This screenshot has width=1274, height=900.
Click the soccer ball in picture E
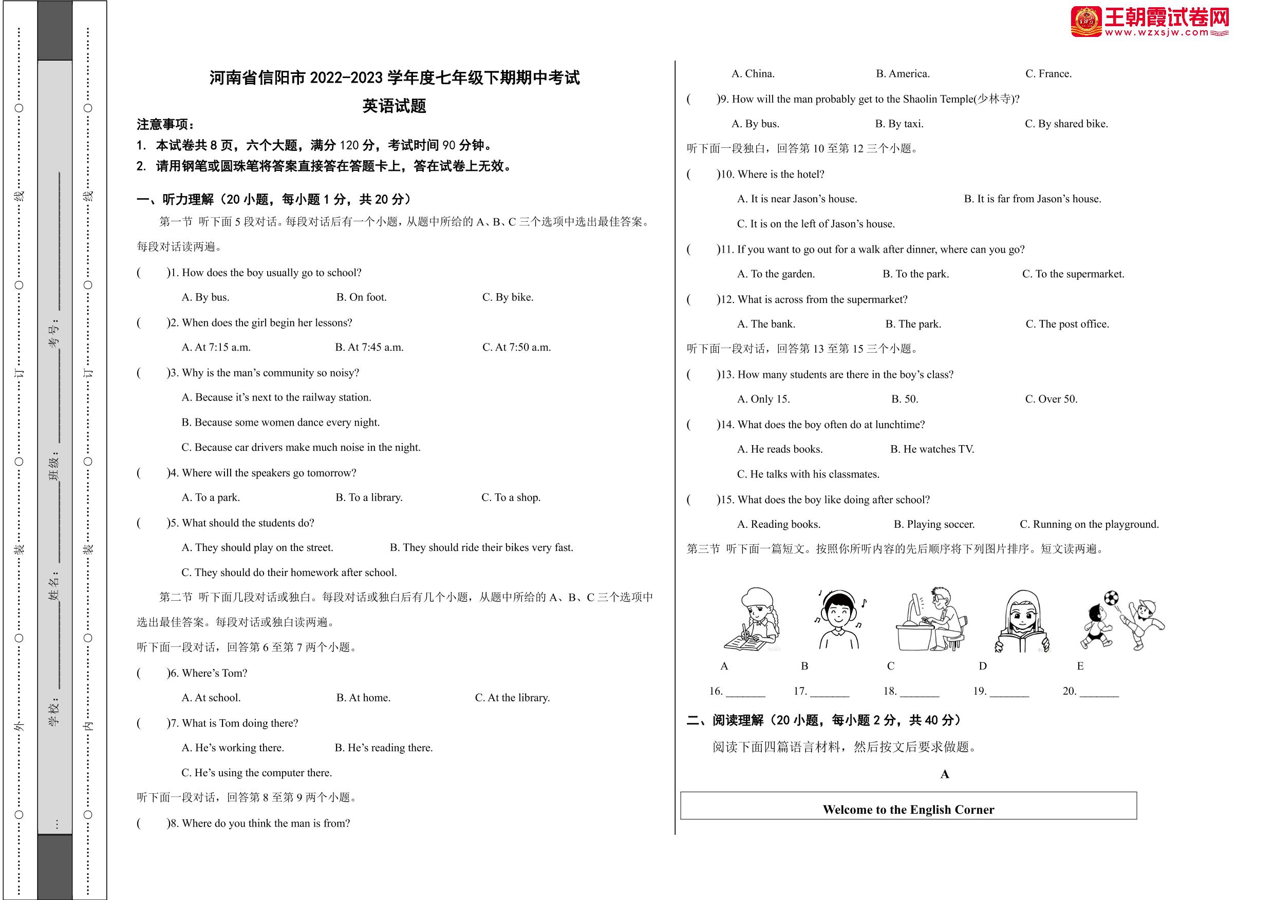[1111, 598]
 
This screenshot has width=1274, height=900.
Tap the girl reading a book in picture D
[1022, 621]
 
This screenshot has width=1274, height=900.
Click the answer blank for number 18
[920, 692]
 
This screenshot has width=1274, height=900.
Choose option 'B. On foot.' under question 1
[361, 297]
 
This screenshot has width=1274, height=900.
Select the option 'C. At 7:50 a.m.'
[516, 347]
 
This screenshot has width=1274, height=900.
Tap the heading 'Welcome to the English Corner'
[908, 809]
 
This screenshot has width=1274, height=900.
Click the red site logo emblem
[1086, 22]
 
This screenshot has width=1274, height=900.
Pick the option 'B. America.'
[902, 74]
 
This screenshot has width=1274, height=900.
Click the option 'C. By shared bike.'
[1066, 124]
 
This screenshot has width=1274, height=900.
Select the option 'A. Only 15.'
[763, 399]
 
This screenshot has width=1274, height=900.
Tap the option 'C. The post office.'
[1067, 324]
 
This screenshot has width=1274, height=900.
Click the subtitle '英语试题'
[394, 105]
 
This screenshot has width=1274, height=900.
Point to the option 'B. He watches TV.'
[932, 449]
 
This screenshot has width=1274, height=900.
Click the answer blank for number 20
[1099, 692]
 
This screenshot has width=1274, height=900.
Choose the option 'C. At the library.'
[512, 698]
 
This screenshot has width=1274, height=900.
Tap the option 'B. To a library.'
[369, 497]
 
